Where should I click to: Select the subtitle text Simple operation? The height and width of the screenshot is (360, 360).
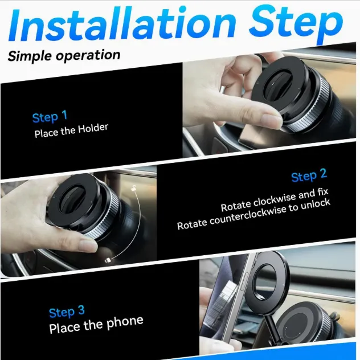click(64, 55)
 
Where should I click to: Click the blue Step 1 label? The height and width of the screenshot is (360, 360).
click(50, 117)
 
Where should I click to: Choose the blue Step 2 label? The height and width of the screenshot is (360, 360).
click(309, 175)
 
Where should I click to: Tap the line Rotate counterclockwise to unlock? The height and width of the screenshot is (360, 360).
click(253, 215)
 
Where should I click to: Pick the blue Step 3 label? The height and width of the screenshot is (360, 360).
click(67, 312)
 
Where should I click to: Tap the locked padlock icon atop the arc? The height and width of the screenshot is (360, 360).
click(132, 187)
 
